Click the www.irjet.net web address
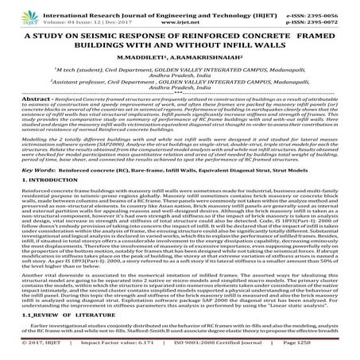coord(180,14)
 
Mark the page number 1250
coord(344,354)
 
